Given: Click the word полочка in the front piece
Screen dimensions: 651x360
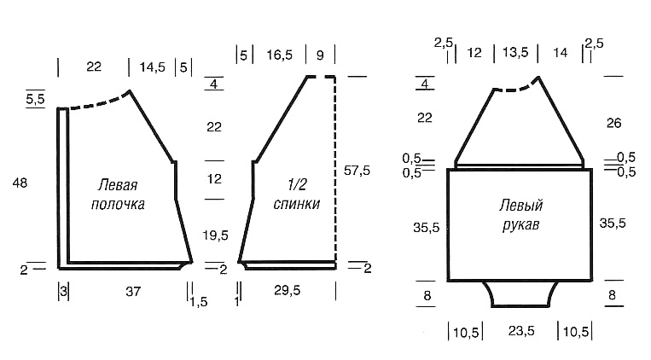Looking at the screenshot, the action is pos(118,204).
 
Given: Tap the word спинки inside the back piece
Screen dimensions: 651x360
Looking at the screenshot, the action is pos(297,204).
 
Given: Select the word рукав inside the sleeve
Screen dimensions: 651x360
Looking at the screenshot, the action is pos(520,224).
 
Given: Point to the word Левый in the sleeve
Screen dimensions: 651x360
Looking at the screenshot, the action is pos(521,205).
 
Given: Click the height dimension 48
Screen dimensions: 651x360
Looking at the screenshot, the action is pos(20,183).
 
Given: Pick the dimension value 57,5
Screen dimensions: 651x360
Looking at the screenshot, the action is pos(357,171).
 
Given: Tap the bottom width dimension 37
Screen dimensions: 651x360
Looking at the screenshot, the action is pos(133,292).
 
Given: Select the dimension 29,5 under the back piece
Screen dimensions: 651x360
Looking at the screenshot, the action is pos(287,290).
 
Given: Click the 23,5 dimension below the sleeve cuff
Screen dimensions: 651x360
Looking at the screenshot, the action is pos(521,331).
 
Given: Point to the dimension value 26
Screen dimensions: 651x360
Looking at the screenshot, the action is pos(613,123).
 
